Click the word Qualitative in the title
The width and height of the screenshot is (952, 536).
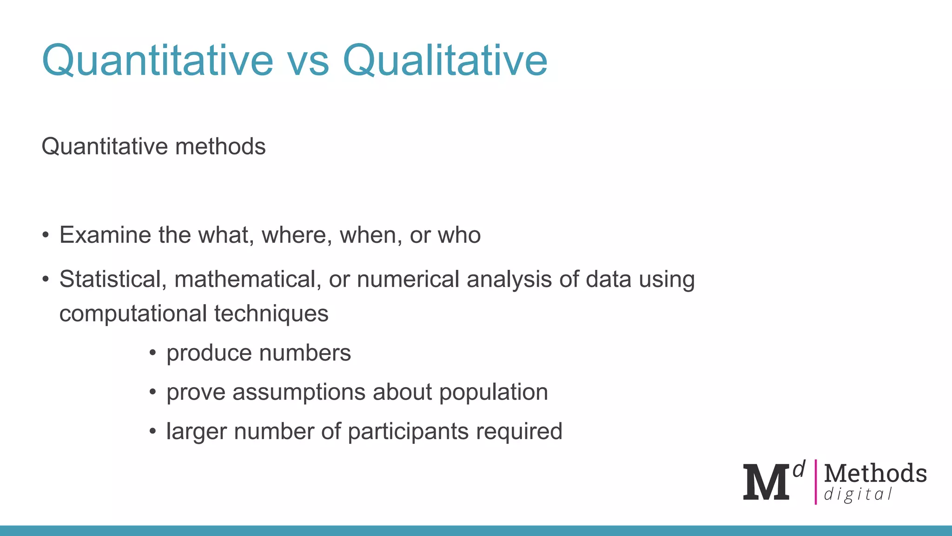click(445, 60)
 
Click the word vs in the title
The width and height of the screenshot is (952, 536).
click(308, 60)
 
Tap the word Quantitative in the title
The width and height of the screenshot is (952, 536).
click(158, 60)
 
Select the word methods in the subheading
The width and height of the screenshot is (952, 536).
click(220, 147)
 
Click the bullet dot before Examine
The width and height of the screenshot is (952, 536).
click(45, 235)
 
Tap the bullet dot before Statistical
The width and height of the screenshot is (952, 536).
click(45, 280)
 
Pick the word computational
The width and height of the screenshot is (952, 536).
click(133, 314)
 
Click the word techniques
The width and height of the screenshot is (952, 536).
click(271, 314)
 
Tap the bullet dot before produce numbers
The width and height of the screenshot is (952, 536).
click(152, 353)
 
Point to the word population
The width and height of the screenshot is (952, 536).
click(493, 392)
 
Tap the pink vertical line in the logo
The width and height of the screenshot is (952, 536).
click(815, 482)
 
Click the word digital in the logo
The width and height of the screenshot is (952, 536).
click(858, 494)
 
